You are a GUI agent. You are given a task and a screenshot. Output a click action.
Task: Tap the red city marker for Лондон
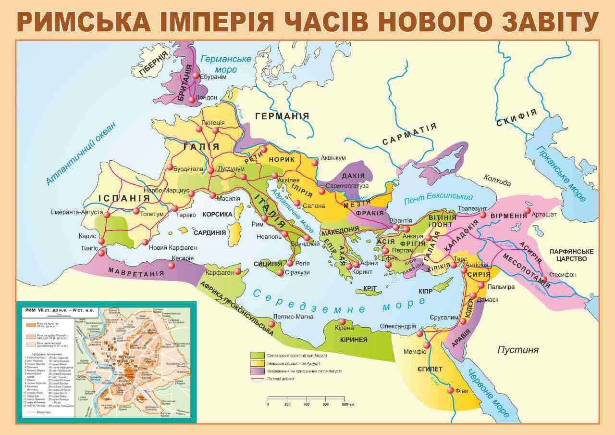192,100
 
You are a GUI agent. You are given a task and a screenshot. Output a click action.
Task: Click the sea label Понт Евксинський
438,197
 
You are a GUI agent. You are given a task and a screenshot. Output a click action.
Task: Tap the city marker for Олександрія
419,333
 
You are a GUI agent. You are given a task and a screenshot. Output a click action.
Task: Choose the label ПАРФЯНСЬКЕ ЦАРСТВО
571,255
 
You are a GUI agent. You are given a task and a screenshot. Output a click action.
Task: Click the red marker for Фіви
451,390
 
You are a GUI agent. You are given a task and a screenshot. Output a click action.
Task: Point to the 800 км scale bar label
346,404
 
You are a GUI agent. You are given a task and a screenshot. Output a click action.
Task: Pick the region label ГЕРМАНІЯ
282,116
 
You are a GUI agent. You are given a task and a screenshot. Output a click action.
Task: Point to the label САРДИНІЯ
209,232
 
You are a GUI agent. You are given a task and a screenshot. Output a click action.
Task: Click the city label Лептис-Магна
293,317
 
